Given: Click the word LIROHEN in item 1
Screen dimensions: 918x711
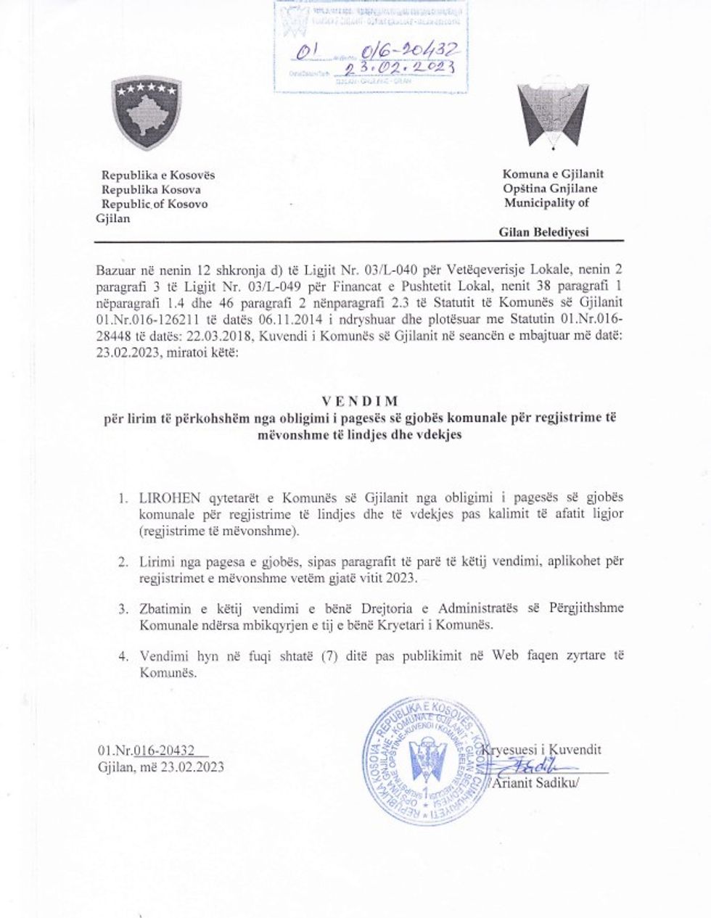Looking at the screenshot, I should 161,500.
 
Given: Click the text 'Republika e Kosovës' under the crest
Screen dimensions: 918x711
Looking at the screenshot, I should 158,175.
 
